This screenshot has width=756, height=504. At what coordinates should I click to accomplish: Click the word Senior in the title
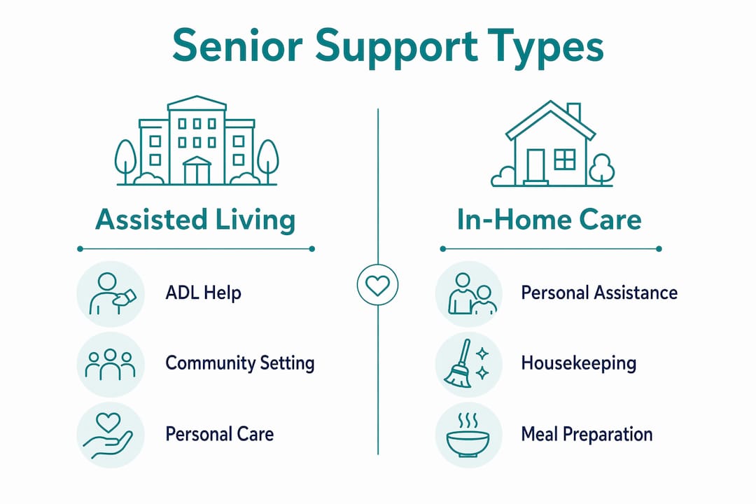coord(237,45)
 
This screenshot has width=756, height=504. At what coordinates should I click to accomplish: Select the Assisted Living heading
coord(195,220)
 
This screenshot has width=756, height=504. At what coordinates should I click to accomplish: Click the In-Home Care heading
coord(549,219)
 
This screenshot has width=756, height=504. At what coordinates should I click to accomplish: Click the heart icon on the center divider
coord(377,285)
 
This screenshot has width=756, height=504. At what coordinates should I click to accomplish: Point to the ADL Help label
coord(203,293)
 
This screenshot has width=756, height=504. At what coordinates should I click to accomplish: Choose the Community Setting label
coord(239,363)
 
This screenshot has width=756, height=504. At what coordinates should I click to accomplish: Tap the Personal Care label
coord(219,434)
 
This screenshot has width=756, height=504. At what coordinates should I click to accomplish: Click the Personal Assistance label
coord(599,293)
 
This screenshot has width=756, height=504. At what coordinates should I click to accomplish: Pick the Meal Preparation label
coord(587,435)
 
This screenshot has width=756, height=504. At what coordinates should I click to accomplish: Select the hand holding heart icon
coord(108,435)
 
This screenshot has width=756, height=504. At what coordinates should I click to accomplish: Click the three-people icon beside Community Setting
coord(111,364)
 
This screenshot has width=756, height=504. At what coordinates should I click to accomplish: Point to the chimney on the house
coord(574,113)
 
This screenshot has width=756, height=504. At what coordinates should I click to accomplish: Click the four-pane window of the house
coord(565,159)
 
